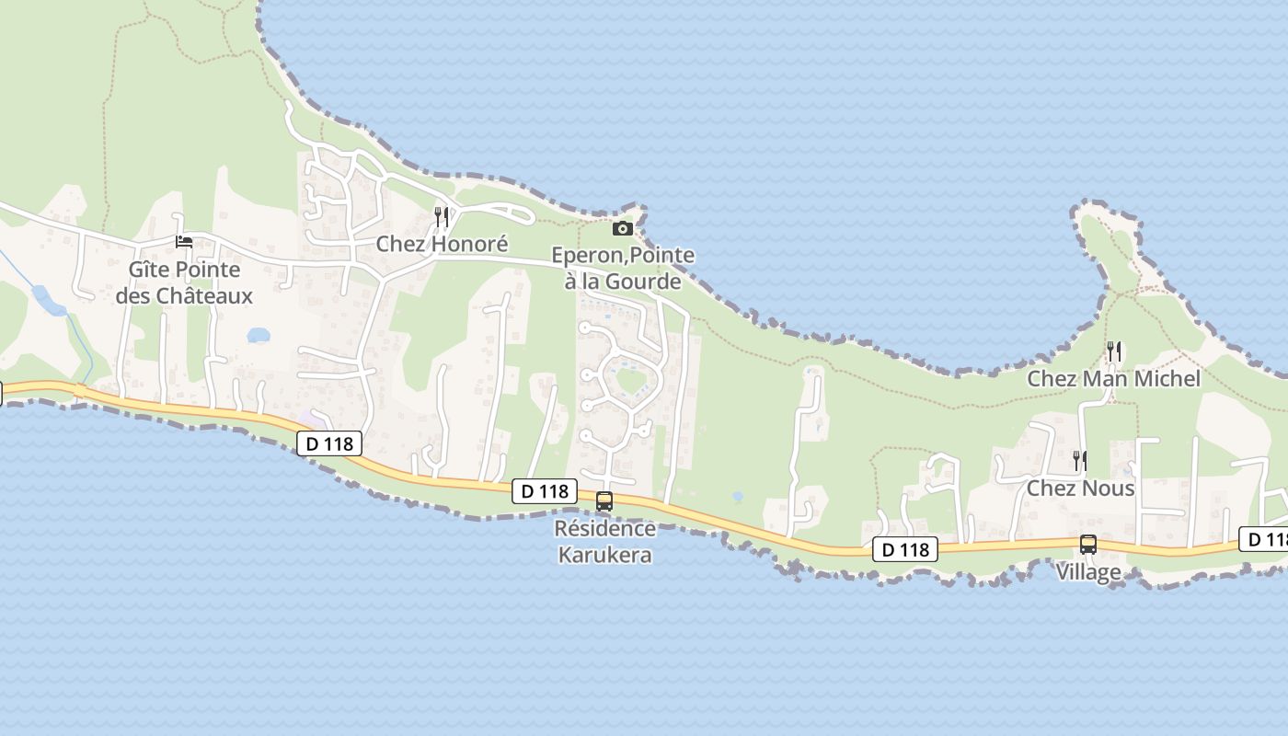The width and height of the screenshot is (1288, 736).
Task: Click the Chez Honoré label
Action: point(442,244)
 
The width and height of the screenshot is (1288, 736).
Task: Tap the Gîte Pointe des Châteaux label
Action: point(184,282)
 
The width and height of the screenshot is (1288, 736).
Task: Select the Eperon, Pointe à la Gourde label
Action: point(623,268)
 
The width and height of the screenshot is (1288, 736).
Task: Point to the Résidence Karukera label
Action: point(605,542)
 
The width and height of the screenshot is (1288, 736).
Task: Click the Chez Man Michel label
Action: point(1113,378)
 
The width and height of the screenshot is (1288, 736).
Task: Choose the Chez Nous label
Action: point(1080,488)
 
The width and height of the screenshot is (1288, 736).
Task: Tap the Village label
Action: point(1087,571)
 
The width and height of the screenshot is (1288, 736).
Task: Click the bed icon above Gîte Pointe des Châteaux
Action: point(184,242)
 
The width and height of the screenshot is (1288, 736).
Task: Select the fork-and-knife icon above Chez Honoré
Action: point(442,217)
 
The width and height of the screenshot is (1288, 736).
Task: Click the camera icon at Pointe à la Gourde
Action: point(623,228)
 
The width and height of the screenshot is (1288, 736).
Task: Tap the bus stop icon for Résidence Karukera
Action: point(604,501)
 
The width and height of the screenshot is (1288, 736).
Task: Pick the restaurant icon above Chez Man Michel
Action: point(1114,351)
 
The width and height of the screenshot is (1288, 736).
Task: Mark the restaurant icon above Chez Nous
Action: point(1080,460)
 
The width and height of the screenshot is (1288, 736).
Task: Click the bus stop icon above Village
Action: point(1088,545)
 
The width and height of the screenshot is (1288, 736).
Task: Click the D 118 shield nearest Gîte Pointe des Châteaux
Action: point(329,443)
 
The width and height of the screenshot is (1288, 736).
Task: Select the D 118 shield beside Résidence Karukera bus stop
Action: point(545,491)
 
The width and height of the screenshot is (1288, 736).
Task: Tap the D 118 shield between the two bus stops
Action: point(905,549)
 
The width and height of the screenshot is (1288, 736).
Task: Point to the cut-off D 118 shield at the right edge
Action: point(1266,539)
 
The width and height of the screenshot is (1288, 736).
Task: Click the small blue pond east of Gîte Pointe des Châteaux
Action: point(259,335)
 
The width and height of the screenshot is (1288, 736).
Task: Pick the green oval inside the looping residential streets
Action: point(631,379)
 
